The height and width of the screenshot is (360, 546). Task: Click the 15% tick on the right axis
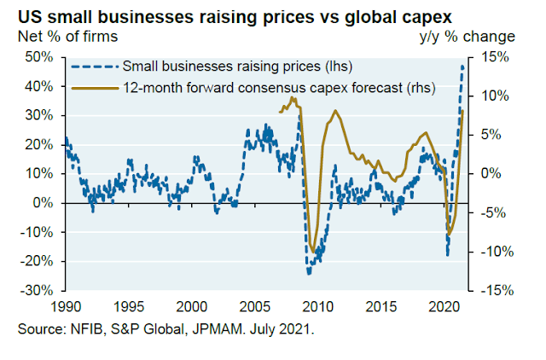coord(497,56)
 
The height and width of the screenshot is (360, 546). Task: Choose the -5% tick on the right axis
coord(497,212)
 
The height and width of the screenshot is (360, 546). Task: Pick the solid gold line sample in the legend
coord(94,87)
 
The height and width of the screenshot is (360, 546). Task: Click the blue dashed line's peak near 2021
coord(463,66)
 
